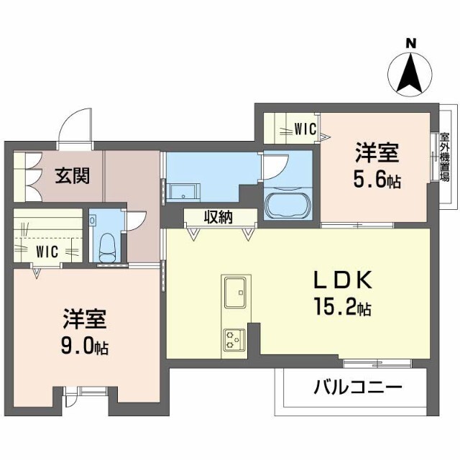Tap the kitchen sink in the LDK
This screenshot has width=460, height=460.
[x=235, y=294]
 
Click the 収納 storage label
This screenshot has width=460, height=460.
[x=219, y=217]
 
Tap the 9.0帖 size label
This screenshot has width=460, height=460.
[x=84, y=347]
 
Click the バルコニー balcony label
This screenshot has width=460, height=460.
[x=356, y=389]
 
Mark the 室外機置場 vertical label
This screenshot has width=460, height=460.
[x=445, y=157]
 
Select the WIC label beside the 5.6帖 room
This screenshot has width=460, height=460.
[x=305, y=129]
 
